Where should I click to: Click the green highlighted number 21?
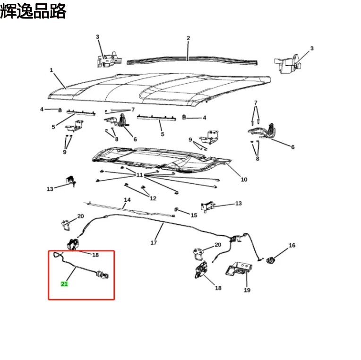(x=64, y=284)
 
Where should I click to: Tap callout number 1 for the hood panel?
(x=52, y=70)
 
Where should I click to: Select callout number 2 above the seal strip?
(x=189, y=38)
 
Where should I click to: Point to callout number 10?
(x=244, y=180)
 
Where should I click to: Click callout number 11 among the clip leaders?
(x=139, y=175)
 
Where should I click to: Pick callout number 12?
(x=153, y=198)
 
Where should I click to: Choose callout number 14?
(x=127, y=200)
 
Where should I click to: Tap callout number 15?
(x=194, y=215)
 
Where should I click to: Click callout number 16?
(x=292, y=246)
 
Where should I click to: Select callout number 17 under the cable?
(x=154, y=243)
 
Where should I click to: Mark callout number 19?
(x=247, y=290)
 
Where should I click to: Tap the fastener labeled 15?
(x=176, y=209)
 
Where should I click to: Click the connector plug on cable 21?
(x=102, y=274)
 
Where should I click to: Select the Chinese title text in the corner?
(x=33, y=11)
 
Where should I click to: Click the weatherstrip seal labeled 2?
(x=192, y=60)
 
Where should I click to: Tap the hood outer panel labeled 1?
(x=159, y=90)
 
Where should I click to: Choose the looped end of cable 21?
(x=58, y=255)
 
